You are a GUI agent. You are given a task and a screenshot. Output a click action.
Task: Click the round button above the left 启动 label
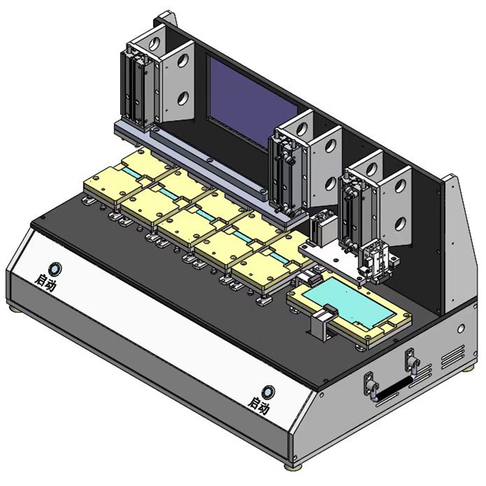[56, 269]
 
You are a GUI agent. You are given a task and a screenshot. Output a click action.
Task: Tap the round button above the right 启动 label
[268, 392]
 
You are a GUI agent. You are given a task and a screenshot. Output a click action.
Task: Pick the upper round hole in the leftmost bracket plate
[183, 60]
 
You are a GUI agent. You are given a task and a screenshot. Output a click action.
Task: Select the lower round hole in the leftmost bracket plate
[183, 98]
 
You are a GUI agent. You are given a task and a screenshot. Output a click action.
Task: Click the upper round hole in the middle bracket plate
[331, 145]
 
